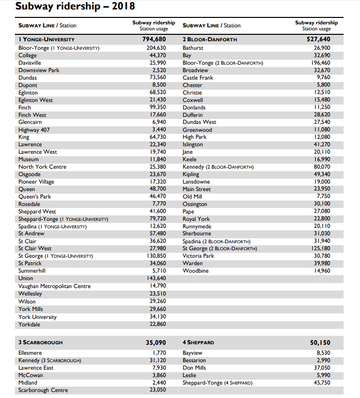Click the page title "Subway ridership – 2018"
75,6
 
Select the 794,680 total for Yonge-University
154,39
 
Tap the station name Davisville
30,63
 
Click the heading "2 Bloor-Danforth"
210,39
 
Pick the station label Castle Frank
198,78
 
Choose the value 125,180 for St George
319,248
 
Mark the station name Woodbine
195,271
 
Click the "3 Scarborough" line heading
40,342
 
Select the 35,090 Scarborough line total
156,342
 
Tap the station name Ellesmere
31,353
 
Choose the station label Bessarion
194,360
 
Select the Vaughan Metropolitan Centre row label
55,286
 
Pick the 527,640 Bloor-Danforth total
318,39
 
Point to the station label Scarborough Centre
43,390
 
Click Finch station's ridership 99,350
158,107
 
